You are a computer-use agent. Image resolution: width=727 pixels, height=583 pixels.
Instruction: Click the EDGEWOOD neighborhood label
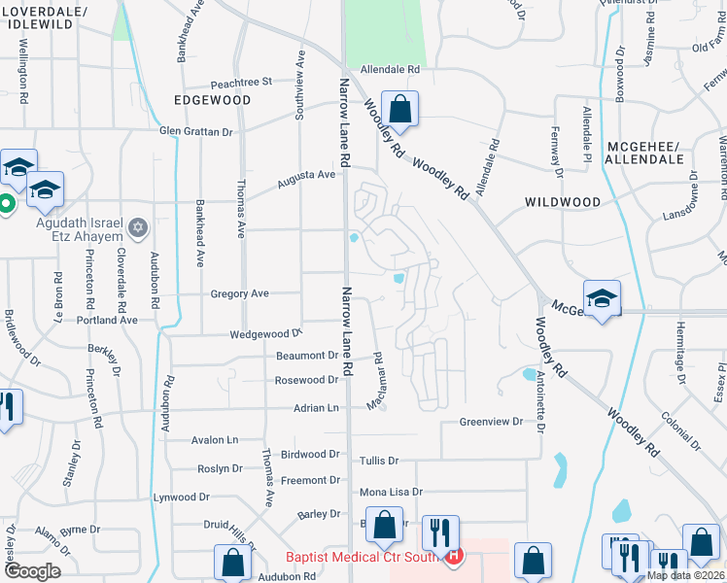point(212,100)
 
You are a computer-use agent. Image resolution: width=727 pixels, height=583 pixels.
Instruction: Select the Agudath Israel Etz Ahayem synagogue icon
point(137,227)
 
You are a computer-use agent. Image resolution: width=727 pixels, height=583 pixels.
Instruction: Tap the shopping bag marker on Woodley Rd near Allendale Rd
point(398,109)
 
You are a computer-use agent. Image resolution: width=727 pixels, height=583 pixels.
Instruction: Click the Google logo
point(33,571)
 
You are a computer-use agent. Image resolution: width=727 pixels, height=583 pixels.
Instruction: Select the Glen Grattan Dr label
point(196,131)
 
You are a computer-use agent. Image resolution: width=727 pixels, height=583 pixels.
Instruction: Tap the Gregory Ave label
point(239,292)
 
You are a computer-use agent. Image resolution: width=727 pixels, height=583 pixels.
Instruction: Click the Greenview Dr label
point(491,423)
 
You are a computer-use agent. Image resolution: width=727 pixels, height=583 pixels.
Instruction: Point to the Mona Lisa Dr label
point(391,492)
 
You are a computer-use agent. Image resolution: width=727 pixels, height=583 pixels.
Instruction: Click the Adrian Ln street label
point(318,408)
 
